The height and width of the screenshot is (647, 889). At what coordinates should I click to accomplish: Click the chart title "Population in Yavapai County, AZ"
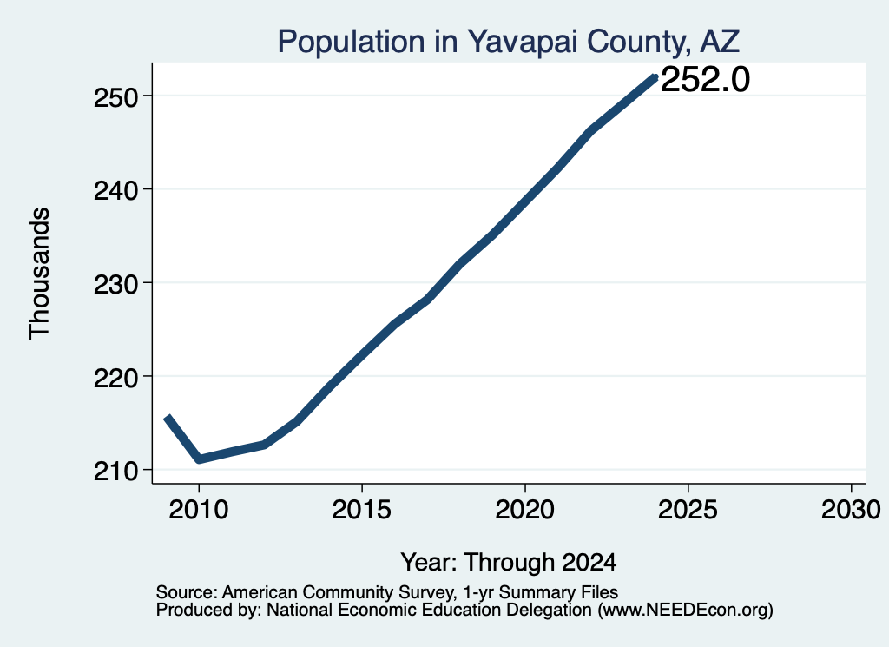509,42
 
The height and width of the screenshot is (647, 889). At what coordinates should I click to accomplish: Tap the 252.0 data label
705,79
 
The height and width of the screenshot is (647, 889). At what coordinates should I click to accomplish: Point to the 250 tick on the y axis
116,97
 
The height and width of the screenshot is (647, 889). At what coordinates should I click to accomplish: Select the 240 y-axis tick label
116,190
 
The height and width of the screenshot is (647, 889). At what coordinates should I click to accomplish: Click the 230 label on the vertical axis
116,284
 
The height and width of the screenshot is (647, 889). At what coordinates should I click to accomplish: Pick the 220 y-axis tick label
116,378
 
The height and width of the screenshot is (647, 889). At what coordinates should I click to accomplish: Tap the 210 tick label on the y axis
116,471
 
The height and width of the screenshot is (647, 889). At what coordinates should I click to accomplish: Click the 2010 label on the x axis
199,509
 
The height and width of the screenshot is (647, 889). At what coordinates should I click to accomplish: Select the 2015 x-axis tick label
362,509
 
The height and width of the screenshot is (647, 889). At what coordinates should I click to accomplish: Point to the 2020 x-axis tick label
525,509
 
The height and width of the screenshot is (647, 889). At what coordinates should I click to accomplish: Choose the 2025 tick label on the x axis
688,509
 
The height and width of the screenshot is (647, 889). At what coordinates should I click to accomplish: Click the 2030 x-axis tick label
851,509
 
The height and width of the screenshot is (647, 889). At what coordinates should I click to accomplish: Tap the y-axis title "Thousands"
40,274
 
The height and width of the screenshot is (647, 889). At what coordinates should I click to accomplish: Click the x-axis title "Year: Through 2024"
509,563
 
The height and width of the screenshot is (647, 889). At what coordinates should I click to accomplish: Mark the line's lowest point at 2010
199,459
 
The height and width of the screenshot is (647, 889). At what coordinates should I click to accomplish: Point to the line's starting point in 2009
167,418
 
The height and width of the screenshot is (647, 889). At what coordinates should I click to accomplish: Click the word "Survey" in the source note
426,592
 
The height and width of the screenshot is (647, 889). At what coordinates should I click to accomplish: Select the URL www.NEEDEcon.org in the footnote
685,611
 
